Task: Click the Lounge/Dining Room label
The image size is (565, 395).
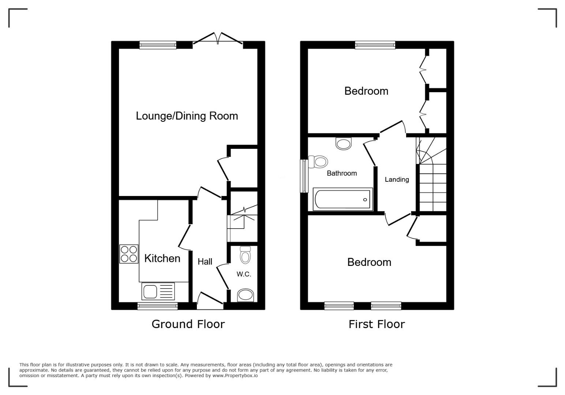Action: [x=187, y=116]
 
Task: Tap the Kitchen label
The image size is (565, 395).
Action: [x=162, y=258]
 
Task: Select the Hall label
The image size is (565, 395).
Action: [x=205, y=262]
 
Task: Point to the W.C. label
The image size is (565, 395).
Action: [x=244, y=274]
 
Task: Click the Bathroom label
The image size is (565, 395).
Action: [x=342, y=173]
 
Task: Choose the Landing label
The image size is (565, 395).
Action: [x=397, y=180]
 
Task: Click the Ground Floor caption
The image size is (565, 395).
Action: [x=188, y=324]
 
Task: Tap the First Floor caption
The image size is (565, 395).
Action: [x=377, y=324]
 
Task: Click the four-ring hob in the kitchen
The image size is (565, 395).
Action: [x=129, y=254]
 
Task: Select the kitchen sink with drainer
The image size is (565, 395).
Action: [x=158, y=291]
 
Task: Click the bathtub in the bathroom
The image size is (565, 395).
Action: [x=343, y=199]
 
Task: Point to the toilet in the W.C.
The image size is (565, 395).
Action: [x=245, y=255]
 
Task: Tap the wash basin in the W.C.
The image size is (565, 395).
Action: [x=246, y=295]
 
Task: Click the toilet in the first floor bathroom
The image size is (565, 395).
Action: [x=318, y=162]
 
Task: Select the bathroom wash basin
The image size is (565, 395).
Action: [x=344, y=143]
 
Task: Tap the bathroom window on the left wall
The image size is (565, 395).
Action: [x=304, y=176]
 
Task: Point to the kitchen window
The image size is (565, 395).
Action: [x=158, y=306]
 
